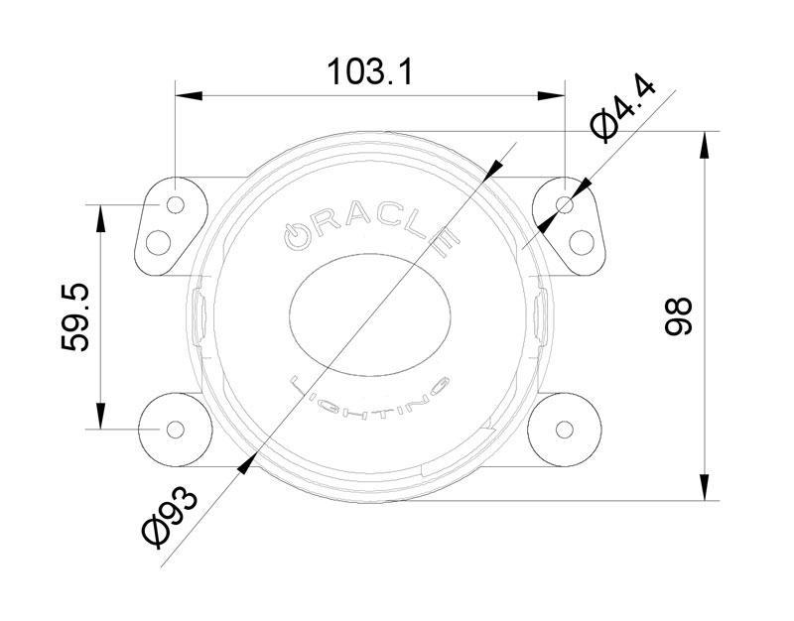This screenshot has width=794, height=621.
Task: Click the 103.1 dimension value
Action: pos(369,71)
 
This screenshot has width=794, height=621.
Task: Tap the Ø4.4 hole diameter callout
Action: pos(622,110)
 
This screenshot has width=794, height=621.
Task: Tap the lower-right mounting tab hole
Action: pos(565,429)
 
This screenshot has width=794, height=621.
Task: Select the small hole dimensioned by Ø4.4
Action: pos(565,204)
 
